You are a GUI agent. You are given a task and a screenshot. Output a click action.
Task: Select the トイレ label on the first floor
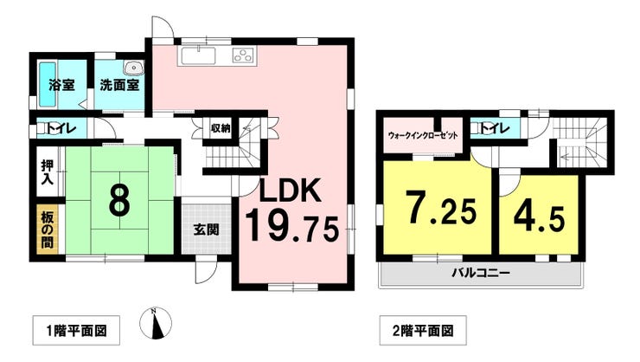(x=63, y=131)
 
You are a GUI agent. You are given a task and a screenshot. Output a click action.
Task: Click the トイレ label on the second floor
(x=494, y=130)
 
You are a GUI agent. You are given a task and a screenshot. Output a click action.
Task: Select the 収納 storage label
(x=221, y=129)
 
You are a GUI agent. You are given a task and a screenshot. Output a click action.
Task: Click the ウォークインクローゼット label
(x=423, y=136)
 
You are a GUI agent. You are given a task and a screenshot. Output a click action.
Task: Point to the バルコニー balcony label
(x=481, y=273)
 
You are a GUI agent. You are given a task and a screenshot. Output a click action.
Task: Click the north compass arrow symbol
(x=155, y=325)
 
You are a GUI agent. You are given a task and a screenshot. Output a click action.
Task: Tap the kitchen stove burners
(x=244, y=57)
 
